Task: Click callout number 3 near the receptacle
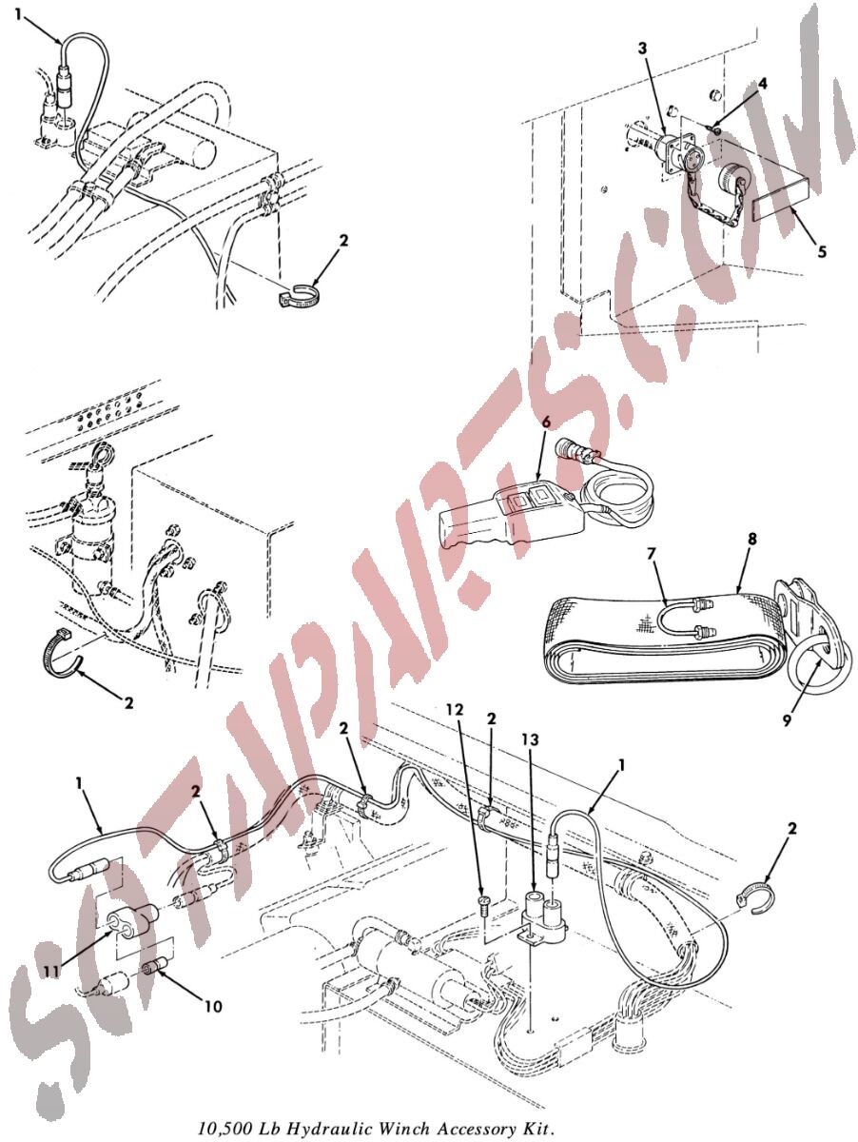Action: pyautogui.click(x=643, y=49)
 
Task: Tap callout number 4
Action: pyautogui.click(x=762, y=84)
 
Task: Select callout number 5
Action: pyautogui.click(x=822, y=252)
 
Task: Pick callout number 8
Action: pyautogui.click(x=752, y=539)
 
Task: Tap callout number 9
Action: pyautogui.click(x=787, y=720)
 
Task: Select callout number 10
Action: pyautogui.click(x=213, y=1006)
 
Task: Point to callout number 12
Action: pyautogui.click(x=458, y=710)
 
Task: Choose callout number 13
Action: pyautogui.click(x=530, y=739)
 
